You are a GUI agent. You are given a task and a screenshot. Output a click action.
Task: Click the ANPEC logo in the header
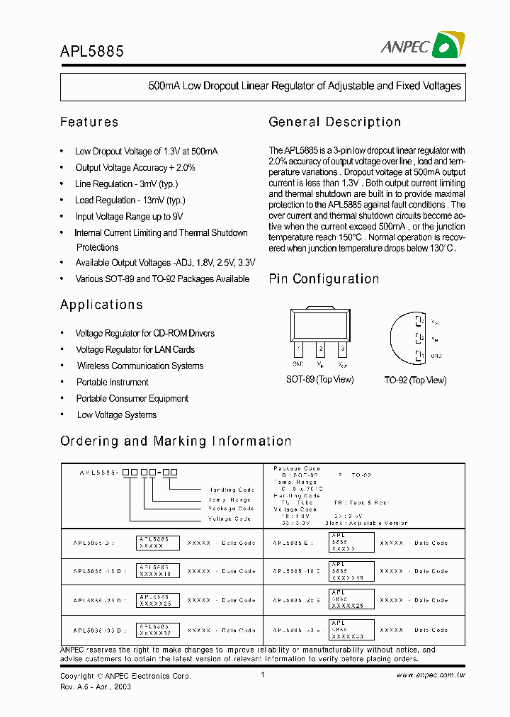[423, 46]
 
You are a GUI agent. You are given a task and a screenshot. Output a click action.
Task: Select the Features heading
[89, 122]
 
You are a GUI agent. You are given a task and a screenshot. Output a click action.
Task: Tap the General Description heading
[334, 122]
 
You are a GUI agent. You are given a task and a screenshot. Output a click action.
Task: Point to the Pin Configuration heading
[324, 279]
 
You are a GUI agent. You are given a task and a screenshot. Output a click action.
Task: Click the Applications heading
[101, 305]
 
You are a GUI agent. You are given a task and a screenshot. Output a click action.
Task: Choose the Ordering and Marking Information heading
[176, 441]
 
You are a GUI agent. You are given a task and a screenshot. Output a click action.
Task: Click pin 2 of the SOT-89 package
[321, 349]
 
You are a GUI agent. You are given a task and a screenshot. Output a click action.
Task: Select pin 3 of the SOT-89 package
[342, 349]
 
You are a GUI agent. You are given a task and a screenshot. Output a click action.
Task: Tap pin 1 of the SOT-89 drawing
[299, 349]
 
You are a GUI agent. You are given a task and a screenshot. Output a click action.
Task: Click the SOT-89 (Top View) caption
[319, 380]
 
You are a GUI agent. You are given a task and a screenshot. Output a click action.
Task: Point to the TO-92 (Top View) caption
[415, 380]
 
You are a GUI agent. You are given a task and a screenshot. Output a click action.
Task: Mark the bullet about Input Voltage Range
[129, 217]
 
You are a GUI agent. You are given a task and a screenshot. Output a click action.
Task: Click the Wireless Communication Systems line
[140, 366]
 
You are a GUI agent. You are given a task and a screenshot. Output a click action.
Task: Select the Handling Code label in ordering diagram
[232, 490]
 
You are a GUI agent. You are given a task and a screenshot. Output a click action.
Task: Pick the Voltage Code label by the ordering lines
[230, 518]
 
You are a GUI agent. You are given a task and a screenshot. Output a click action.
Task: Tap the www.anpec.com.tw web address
[431, 675]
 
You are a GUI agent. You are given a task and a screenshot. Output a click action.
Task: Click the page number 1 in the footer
[263, 675]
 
